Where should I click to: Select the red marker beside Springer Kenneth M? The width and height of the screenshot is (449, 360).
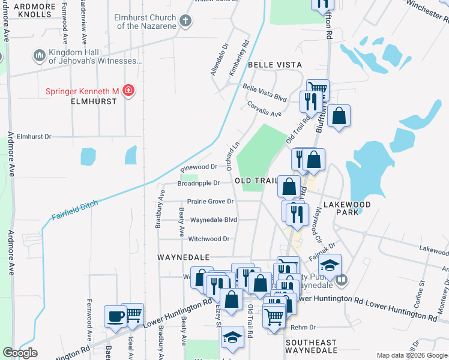(x=128, y=91)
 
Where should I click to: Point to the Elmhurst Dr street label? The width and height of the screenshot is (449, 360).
(x=34, y=136)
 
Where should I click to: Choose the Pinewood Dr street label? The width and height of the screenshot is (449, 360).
(x=199, y=167)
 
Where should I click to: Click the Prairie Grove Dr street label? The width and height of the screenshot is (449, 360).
(x=209, y=202)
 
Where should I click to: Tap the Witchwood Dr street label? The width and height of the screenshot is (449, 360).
(x=209, y=239)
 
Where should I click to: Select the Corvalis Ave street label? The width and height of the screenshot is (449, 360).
(x=264, y=109)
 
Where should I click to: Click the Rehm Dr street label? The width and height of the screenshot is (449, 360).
(x=303, y=328)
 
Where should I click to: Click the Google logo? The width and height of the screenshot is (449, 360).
(x=20, y=353)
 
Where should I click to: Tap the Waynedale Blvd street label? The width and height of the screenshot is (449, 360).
(x=214, y=220)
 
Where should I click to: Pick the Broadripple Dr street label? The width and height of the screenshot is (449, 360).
(x=199, y=183)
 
